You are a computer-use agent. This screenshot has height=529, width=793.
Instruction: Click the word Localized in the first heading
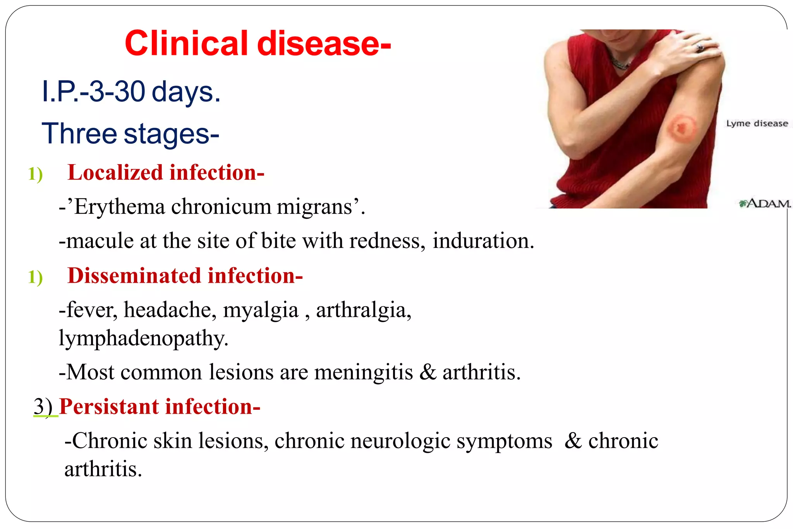pyautogui.click(x=115, y=173)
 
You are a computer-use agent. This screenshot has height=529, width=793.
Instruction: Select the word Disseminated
pyautogui.click(x=134, y=276)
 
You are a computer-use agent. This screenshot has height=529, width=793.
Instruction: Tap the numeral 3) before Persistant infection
pyautogui.click(x=43, y=407)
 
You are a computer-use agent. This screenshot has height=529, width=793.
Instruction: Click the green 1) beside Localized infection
pyautogui.click(x=35, y=173)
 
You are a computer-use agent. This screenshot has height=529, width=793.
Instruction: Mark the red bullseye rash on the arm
pyautogui.click(x=681, y=127)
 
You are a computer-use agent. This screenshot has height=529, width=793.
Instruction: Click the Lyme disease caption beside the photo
pyautogui.click(x=757, y=124)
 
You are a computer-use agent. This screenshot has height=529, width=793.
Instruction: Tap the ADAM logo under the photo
pyautogui.click(x=764, y=203)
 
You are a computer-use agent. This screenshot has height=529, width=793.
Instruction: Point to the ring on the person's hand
pyautogui.click(x=700, y=48)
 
